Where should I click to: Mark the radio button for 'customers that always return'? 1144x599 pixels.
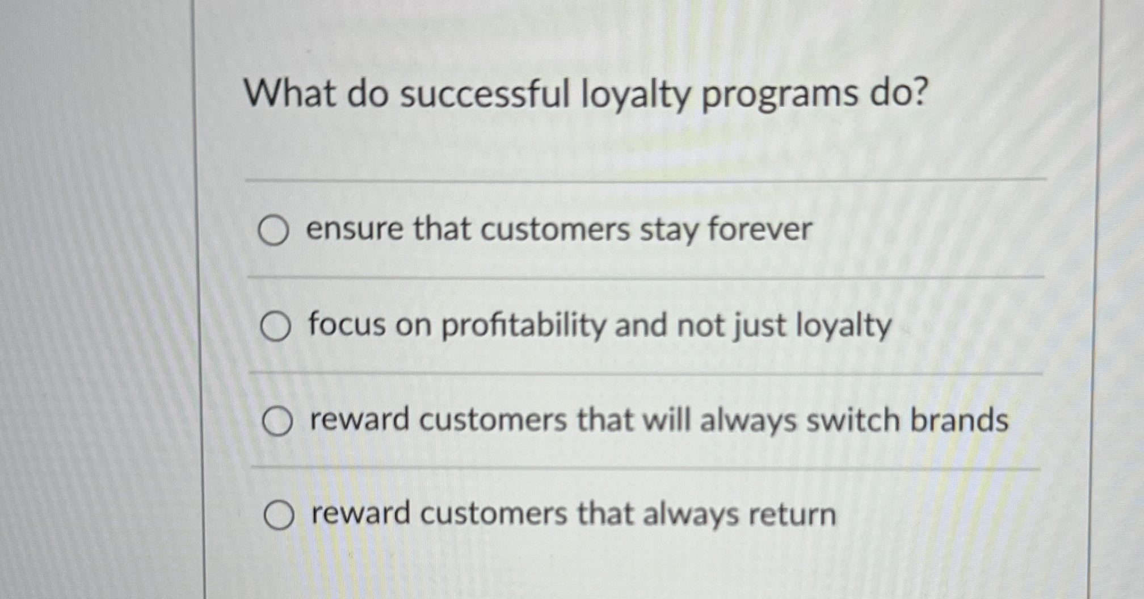tap(279, 516)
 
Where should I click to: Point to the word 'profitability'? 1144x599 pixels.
tap(523, 326)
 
